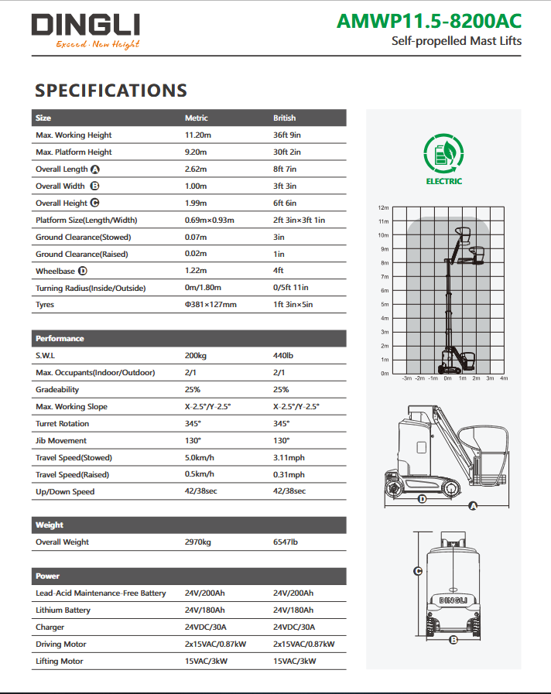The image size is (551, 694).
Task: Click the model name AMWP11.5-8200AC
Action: [x=429, y=21]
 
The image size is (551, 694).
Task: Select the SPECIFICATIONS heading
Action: [x=111, y=91]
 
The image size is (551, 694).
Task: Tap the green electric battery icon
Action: [x=443, y=153]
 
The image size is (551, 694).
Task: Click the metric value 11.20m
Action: [x=197, y=135]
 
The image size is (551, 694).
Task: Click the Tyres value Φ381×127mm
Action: [x=210, y=305]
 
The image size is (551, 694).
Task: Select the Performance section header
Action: [x=60, y=339]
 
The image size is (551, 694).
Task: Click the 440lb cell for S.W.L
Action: [x=284, y=356]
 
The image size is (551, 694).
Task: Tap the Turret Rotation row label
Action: [x=62, y=424]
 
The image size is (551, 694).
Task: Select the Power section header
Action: [x=47, y=576]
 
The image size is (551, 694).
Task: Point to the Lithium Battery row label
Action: [x=63, y=610]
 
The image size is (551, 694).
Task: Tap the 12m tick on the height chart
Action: [x=383, y=208]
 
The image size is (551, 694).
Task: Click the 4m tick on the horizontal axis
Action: [x=503, y=378]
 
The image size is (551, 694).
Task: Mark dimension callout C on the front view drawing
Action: [x=418, y=572]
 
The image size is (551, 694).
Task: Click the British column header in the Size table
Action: [x=284, y=118]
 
